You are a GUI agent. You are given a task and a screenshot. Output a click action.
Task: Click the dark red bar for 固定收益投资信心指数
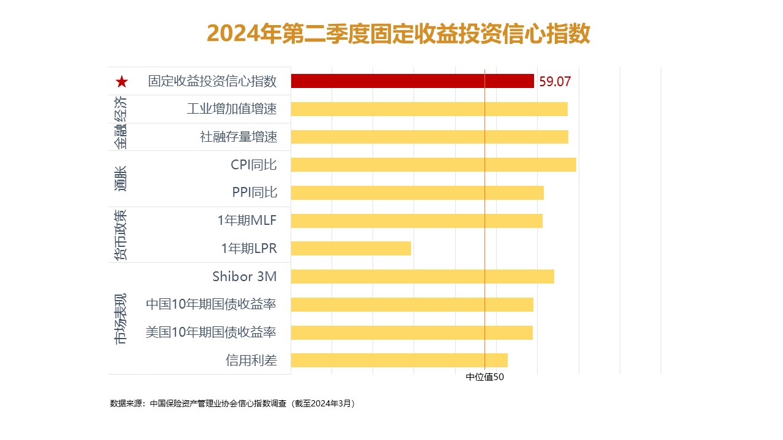[412, 81]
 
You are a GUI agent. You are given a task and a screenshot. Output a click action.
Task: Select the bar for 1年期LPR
[351, 248]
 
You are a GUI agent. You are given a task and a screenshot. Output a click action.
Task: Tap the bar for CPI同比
[433, 164]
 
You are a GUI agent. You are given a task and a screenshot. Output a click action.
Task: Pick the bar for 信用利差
[399, 360]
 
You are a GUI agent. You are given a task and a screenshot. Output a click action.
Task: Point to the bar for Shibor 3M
[422, 276]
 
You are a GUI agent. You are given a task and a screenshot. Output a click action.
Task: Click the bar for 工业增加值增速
[429, 109]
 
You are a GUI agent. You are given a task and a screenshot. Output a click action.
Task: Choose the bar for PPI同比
[417, 193]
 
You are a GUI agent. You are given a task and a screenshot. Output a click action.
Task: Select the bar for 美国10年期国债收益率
[412, 332]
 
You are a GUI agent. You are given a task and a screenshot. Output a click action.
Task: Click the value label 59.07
[555, 82]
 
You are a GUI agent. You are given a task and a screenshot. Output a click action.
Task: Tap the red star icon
[122, 82]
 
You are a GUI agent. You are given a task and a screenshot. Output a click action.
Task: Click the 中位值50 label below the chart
[484, 377]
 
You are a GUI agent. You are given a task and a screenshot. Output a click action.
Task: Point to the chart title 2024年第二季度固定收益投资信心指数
[398, 34]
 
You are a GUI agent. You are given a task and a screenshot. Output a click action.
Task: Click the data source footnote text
[232, 403]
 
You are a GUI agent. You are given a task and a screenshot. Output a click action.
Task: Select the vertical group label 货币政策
[121, 235]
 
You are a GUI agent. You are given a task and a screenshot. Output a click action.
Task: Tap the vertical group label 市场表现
[121, 318]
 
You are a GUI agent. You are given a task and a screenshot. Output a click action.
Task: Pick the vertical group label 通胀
[121, 178]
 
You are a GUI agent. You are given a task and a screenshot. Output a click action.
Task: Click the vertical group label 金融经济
[121, 123]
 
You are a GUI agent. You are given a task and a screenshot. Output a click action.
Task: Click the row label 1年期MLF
[247, 221]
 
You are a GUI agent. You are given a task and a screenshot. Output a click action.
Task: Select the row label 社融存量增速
[239, 137]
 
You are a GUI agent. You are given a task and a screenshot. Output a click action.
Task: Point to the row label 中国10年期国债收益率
[211, 304]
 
